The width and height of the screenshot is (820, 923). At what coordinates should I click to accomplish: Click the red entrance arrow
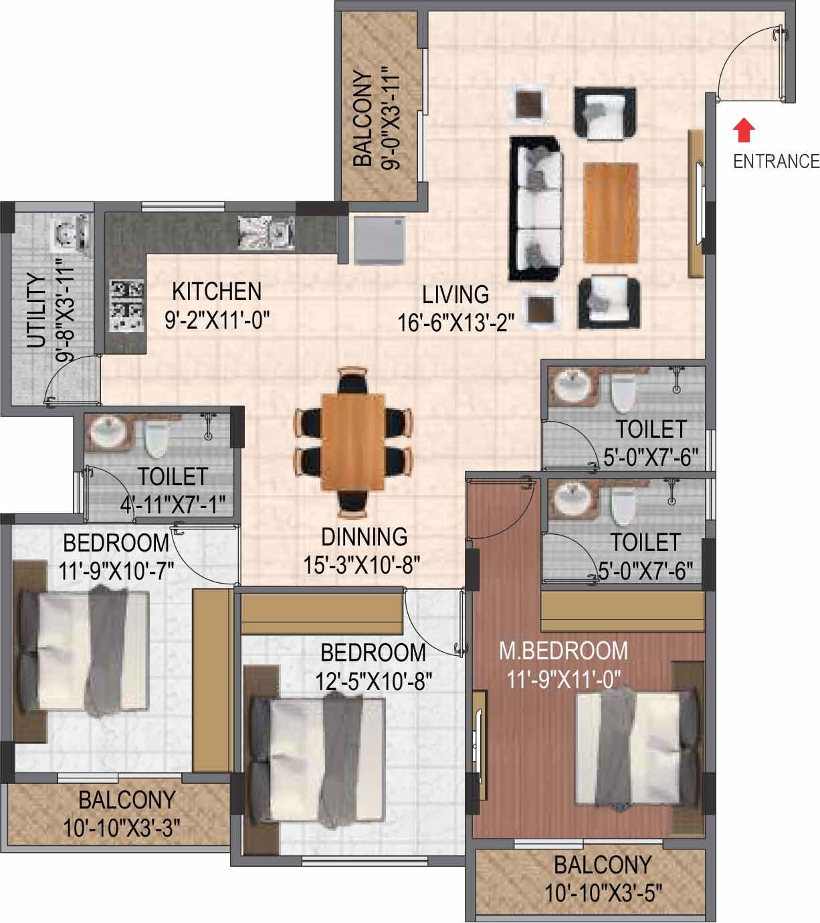(x=744, y=130)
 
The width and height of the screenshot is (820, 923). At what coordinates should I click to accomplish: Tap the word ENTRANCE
(x=777, y=161)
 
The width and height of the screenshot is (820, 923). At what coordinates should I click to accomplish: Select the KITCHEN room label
(x=217, y=292)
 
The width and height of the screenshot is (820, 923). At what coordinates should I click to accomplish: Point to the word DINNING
(x=365, y=537)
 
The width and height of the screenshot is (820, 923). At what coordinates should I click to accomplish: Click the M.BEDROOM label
(x=564, y=651)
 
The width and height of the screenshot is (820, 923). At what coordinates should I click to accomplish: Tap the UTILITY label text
(x=37, y=311)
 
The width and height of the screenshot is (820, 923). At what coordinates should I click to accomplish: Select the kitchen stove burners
(x=127, y=305)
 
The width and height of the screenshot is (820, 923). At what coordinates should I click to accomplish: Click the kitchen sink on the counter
(x=266, y=233)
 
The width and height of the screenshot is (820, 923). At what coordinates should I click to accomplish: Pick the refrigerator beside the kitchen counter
(x=380, y=240)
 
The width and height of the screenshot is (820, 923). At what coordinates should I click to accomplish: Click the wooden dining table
(x=353, y=442)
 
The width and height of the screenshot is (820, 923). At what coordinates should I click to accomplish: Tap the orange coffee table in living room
(x=611, y=214)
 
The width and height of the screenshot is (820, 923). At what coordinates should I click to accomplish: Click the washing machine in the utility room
(x=71, y=233)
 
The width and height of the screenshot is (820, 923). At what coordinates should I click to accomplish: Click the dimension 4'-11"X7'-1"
(x=173, y=505)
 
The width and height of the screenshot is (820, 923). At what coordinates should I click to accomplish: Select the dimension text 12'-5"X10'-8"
(x=373, y=682)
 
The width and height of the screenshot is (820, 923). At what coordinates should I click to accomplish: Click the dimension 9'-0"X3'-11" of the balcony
(x=391, y=119)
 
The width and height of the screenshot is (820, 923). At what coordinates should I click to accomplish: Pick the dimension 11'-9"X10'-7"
(x=116, y=570)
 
